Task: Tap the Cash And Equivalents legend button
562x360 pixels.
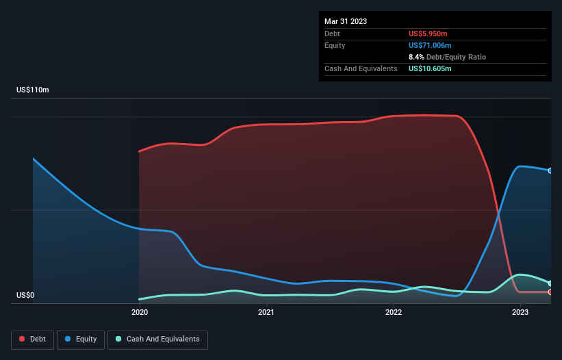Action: pyautogui.click(x=157, y=339)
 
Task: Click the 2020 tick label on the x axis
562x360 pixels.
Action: pyautogui.click(x=139, y=313)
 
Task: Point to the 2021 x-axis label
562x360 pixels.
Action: pyautogui.click(x=266, y=313)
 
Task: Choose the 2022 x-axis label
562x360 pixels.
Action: pyautogui.click(x=394, y=313)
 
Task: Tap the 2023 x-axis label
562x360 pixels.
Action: pyautogui.click(x=520, y=313)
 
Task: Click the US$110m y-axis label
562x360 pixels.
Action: pyautogui.click(x=33, y=90)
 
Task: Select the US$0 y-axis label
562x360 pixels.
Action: pyautogui.click(x=25, y=296)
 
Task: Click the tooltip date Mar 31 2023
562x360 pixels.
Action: pyautogui.click(x=346, y=21)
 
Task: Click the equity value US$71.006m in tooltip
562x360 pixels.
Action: pyautogui.click(x=433, y=45)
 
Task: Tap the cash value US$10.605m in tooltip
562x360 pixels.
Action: pyautogui.click(x=431, y=68)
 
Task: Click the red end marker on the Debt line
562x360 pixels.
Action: pyautogui.click(x=550, y=292)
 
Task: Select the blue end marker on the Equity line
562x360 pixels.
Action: pyautogui.click(x=550, y=170)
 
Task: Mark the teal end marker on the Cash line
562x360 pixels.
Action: pyautogui.click(x=550, y=283)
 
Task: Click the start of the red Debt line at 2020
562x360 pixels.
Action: pyautogui.click(x=139, y=151)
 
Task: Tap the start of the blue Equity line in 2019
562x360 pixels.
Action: pyautogui.click(x=34, y=159)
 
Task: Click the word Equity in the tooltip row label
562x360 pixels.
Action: pyautogui.click(x=335, y=45)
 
